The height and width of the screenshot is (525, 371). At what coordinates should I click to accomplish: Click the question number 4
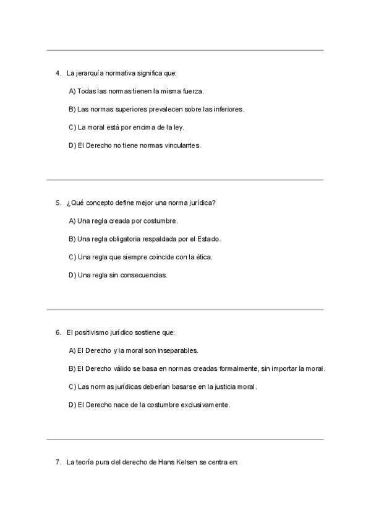(x=58, y=73)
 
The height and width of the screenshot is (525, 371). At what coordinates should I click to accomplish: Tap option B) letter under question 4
(x=72, y=109)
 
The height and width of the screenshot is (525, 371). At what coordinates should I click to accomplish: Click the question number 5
(x=58, y=202)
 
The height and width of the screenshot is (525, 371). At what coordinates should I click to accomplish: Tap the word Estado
(x=210, y=238)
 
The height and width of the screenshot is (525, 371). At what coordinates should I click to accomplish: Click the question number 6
(x=58, y=332)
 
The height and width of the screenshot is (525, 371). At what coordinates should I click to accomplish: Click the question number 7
(x=58, y=462)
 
